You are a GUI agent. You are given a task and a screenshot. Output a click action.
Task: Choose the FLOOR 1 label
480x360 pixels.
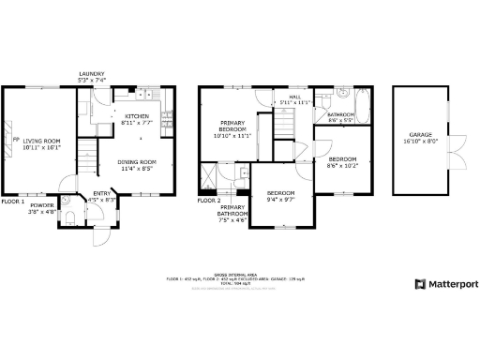[12, 201]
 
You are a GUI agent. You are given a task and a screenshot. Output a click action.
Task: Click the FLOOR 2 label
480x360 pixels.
[208, 201]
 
